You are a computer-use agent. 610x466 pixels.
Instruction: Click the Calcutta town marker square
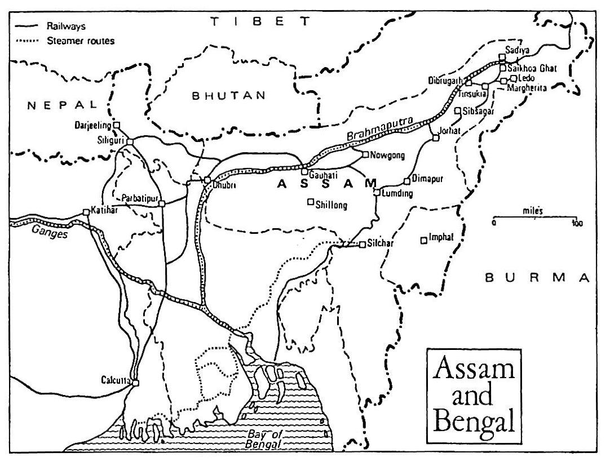click(x=135, y=383)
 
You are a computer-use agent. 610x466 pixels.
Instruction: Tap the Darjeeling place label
click(x=94, y=125)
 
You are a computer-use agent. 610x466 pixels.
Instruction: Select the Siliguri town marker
click(x=130, y=141)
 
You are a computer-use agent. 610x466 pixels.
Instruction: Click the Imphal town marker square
click(x=423, y=241)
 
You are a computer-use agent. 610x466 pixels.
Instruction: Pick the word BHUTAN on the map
click(x=229, y=95)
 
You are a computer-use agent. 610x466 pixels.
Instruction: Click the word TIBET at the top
click(x=260, y=22)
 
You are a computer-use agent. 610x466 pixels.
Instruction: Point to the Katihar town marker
click(x=86, y=212)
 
